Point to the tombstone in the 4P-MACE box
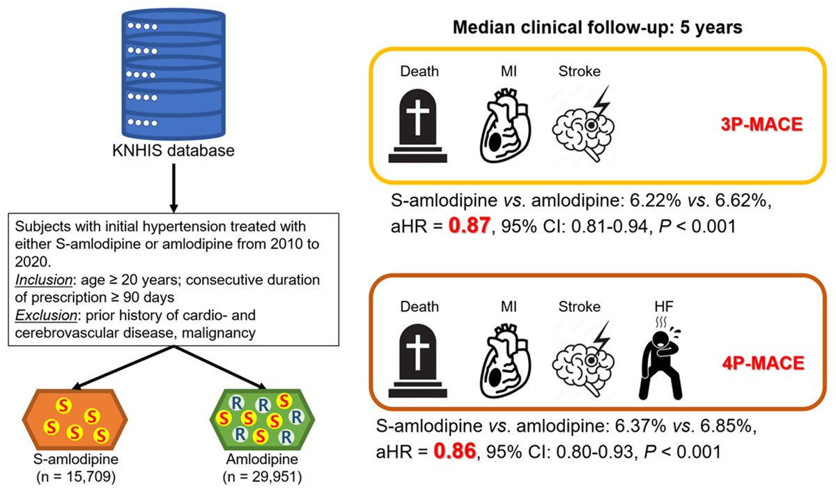(419, 363)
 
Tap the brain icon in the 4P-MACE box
(585, 363)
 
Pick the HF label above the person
(657, 307)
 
